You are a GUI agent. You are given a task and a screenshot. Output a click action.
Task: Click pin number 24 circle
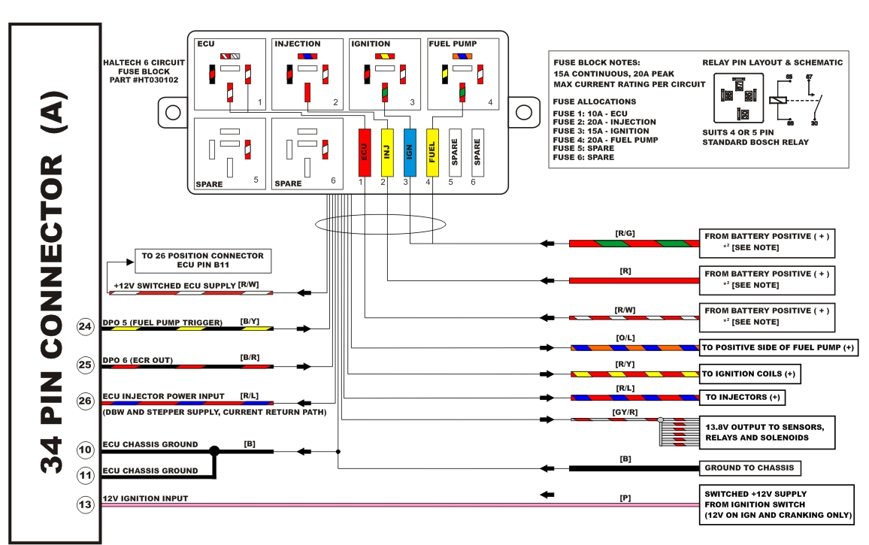86,327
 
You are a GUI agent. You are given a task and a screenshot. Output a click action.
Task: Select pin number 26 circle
86,401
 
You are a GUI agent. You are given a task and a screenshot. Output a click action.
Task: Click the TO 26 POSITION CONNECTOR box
202,260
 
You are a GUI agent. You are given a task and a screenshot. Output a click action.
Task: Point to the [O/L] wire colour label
625,339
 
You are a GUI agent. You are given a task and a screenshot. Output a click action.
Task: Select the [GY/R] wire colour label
625,411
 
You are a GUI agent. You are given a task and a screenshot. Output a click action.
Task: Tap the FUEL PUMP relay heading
453,44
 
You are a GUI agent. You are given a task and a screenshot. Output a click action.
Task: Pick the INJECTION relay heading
298,44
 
